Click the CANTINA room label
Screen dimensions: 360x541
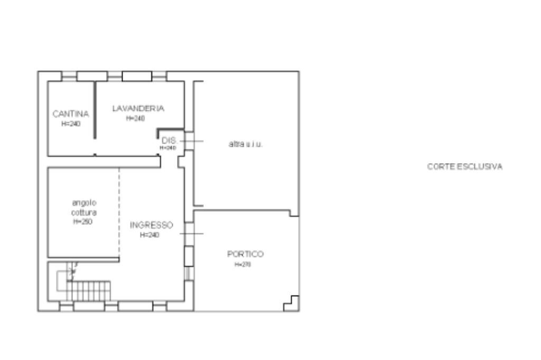click(71, 113)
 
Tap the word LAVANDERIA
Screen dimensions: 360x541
click(138, 108)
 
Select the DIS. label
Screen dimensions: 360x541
click(169, 140)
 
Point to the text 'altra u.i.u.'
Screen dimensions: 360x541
click(245, 144)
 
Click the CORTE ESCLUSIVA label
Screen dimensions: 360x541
click(464, 167)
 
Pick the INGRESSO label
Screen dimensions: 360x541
click(152, 225)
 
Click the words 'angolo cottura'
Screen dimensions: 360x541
click(85, 207)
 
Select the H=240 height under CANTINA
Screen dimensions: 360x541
click(71, 124)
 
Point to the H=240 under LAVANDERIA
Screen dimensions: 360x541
click(135, 119)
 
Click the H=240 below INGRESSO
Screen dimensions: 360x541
click(150, 235)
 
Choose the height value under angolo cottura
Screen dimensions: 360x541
click(83, 222)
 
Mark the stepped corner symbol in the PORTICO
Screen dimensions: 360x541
click(292, 303)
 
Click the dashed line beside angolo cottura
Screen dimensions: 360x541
click(119, 211)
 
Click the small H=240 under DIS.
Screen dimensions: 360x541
click(168, 148)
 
